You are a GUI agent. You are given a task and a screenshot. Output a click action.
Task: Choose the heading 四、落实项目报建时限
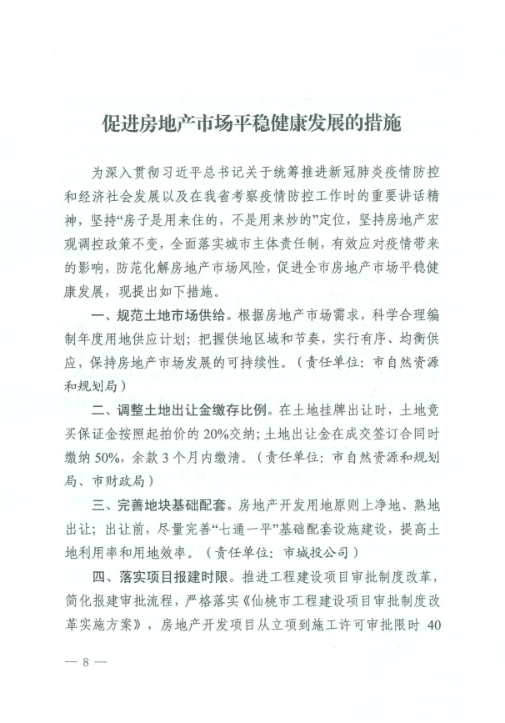tap(162, 576)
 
